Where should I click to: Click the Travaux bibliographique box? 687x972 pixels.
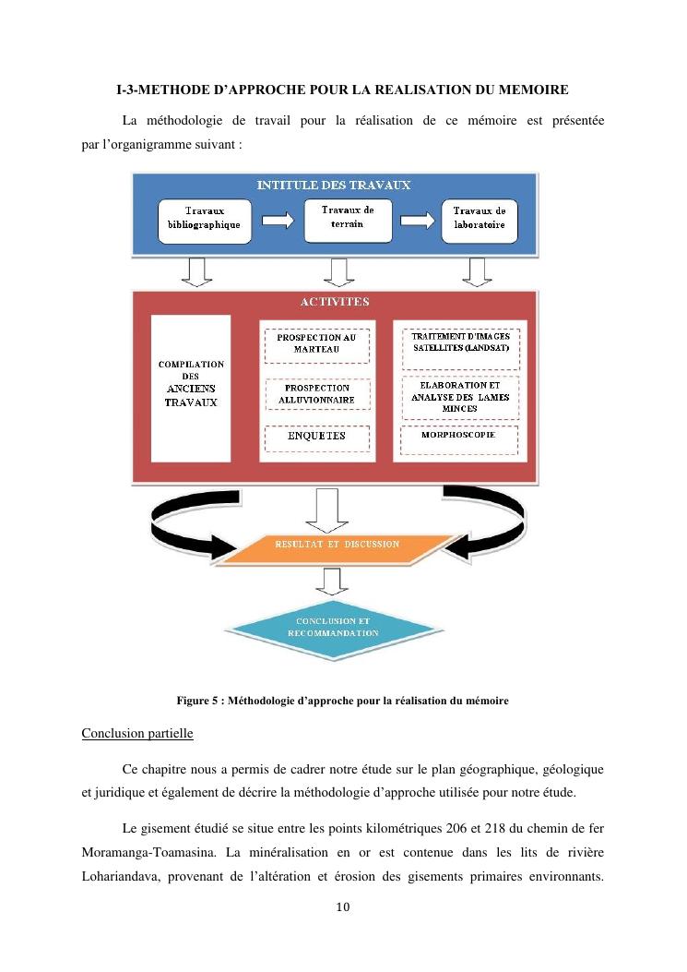(204, 220)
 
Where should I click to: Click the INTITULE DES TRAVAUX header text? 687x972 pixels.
(334, 186)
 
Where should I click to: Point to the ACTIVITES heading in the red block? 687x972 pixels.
(335, 302)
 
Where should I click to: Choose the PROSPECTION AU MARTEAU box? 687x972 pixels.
(316, 343)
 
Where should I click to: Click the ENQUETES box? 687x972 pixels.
(316, 436)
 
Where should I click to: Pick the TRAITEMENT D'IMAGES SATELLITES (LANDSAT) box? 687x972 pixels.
(460, 343)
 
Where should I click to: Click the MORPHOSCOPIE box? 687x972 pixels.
(458, 435)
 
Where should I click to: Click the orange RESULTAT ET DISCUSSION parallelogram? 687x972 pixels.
(334, 545)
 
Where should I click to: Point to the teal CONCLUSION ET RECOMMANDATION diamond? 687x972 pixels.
(334, 629)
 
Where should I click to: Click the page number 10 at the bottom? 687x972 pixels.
(343, 908)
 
